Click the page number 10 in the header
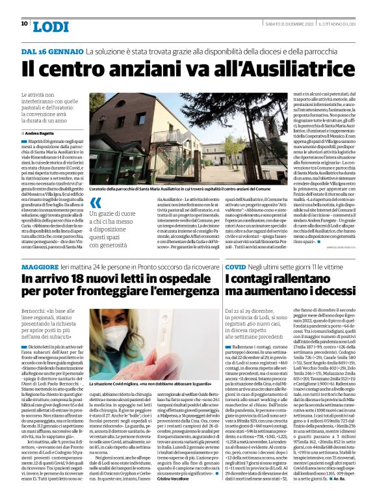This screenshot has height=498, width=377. coord(25,24)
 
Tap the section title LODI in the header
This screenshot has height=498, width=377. coord(51,25)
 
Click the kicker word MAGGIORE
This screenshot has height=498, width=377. coord(40,268)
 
